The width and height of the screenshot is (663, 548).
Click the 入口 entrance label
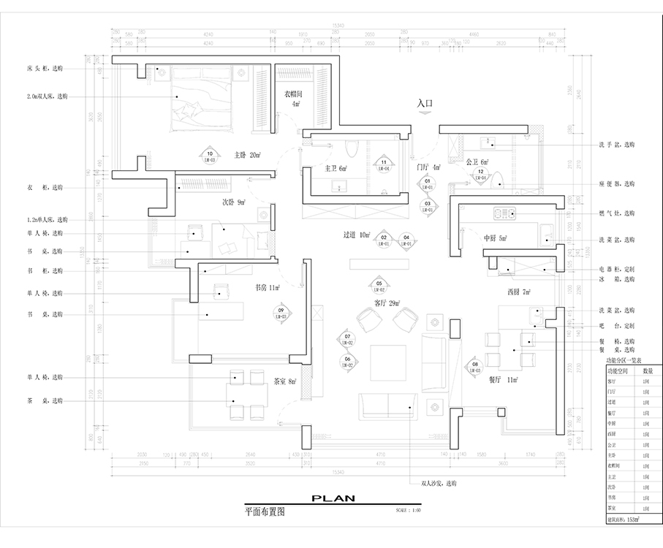[425, 104]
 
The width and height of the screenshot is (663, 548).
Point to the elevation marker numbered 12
[480, 173]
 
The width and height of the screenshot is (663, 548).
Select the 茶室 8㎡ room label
[284, 381]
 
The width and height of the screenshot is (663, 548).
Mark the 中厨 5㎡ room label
[495, 238]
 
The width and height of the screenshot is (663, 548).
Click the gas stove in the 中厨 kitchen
[505, 213]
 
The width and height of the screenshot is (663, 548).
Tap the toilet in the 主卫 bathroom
[349, 148]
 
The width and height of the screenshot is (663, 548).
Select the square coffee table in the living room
[387, 362]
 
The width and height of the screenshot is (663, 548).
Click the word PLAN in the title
[333, 498]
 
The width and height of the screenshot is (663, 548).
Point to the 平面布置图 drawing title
[265, 512]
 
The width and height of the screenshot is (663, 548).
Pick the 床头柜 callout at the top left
[45, 67]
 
